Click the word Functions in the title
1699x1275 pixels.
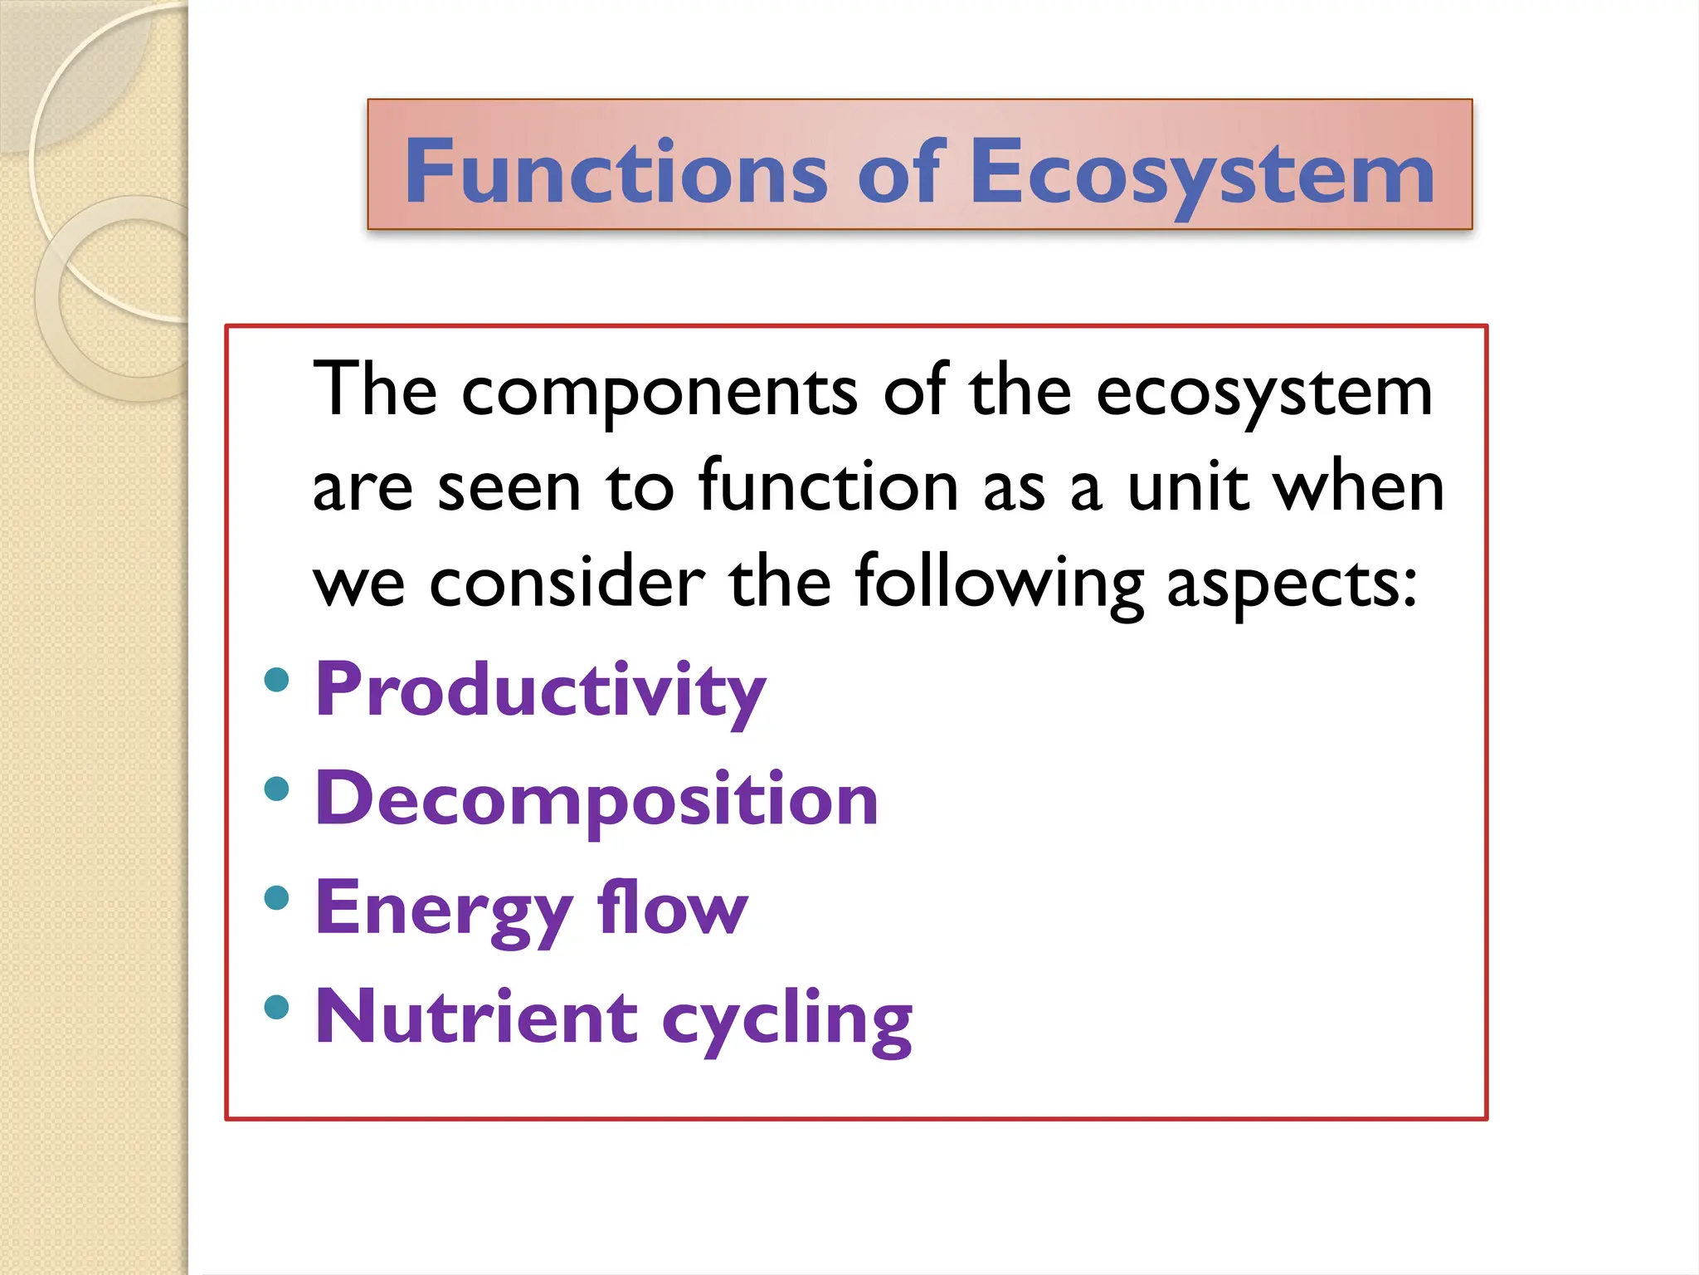click(616, 172)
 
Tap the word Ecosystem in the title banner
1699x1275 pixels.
click(1201, 173)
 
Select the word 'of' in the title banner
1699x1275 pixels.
click(900, 172)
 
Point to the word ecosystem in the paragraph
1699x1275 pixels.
click(1263, 392)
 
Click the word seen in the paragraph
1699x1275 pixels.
click(509, 487)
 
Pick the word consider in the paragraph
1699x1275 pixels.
click(567, 582)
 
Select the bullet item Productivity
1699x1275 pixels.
click(540, 691)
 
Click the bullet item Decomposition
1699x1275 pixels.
click(596, 799)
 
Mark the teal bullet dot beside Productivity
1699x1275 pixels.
click(276, 680)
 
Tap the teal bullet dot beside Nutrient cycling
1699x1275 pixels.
click(276, 1007)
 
